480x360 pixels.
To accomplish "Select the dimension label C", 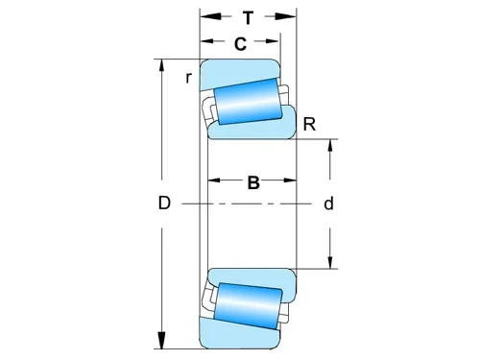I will pyautogui.click(x=240, y=43).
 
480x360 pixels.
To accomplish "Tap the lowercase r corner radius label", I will pyautogui.click(x=189, y=77).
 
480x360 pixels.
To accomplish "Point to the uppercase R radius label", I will pyautogui.click(x=308, y=124).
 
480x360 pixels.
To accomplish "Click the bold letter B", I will pyautogui.click(x=253, y=183).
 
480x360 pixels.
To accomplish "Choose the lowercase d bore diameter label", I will pyautogui.click(x=328, y=204).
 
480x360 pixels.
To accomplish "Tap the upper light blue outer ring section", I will pyautogui.click(x=240, y=70).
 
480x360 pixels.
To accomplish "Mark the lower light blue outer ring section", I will pyautogui.click(x=240, y=338).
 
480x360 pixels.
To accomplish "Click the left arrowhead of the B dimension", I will pyautogui.click(x=216, y=180).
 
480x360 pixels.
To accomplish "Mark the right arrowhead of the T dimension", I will pyautogui.click(x=289, y=16).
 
